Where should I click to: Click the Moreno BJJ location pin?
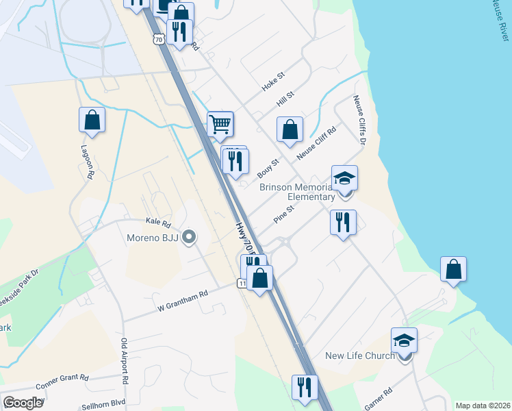coord(190,238)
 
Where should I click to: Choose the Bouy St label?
coord(271,169)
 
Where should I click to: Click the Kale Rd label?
coord(157,222)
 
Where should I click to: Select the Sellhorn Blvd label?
coord(105,405)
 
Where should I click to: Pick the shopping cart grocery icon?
coord(220,125)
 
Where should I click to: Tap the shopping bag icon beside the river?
coord(453,269)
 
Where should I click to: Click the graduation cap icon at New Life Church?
coord(405,340)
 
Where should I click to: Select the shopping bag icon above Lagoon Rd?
coord(92,121)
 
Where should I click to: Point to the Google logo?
coord(23,403)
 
